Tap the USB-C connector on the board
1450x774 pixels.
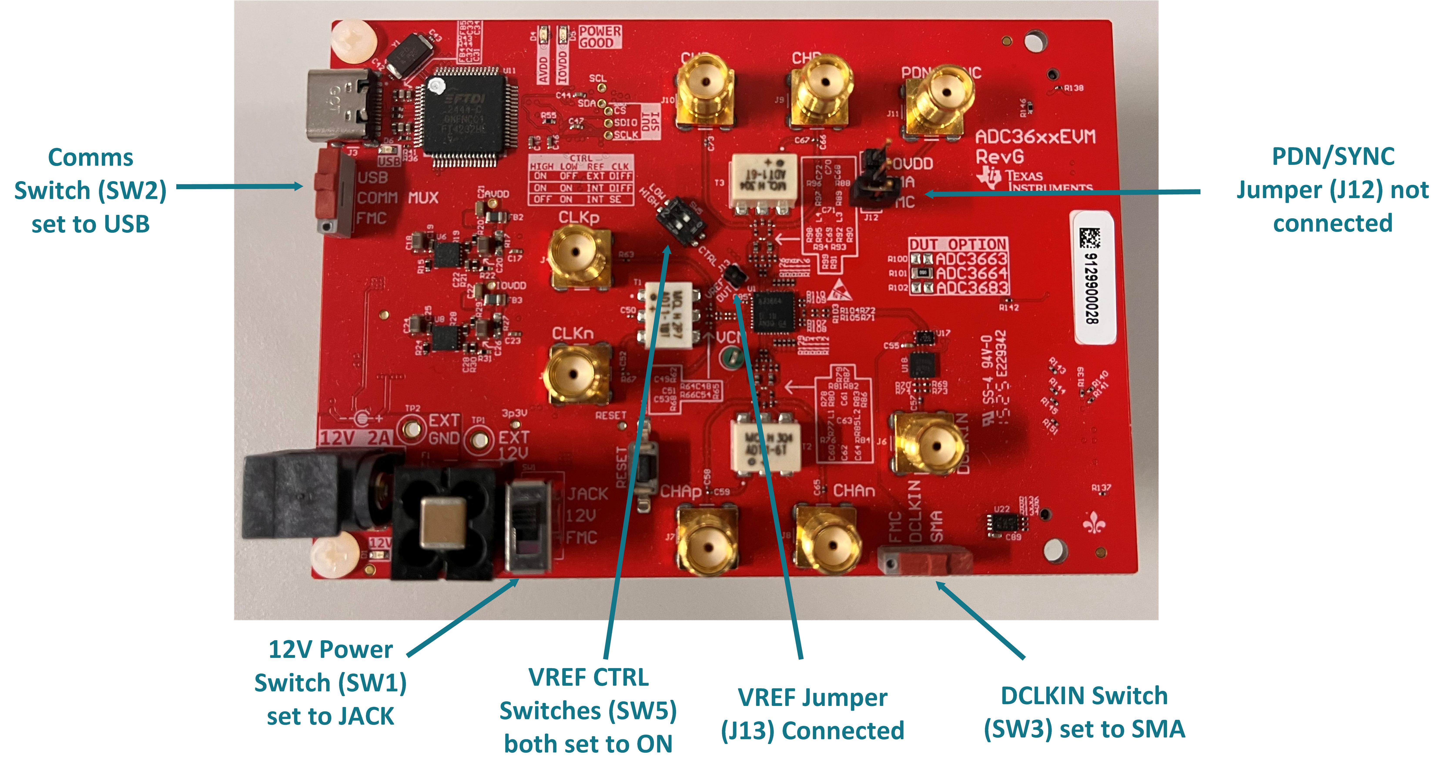338,107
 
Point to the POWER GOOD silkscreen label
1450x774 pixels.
599,37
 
